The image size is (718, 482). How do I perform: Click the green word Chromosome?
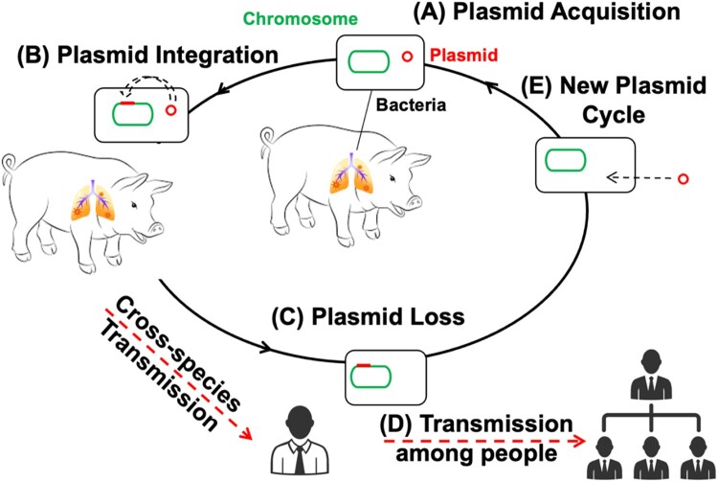[300, 19]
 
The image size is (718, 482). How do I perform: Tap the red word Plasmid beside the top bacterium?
[464, 55]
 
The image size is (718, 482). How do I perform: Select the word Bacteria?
[411, 104]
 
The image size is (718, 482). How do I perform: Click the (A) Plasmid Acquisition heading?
[547, 12]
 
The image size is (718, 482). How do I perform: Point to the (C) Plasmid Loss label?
[368, 316]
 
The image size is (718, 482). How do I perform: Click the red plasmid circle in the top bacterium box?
[407, 57]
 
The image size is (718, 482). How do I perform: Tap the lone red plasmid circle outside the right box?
[683, 179]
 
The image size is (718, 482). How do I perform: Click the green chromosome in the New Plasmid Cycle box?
[565, 160]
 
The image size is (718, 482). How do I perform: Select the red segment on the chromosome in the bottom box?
[364, 365]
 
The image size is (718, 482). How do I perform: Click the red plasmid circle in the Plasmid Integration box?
[170, 110]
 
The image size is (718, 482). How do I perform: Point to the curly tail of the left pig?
[9, 165]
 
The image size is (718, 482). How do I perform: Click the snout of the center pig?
[415, 201]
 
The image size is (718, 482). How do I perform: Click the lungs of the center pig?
[351, 174]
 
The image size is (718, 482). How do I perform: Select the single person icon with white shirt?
[300, 441]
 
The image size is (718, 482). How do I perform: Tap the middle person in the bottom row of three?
[651, 458]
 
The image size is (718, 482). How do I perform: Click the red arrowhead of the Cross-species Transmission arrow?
[246, 433]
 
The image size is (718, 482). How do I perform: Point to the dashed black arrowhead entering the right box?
[612, 177]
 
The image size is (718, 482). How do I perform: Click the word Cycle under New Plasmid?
[613, 115]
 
